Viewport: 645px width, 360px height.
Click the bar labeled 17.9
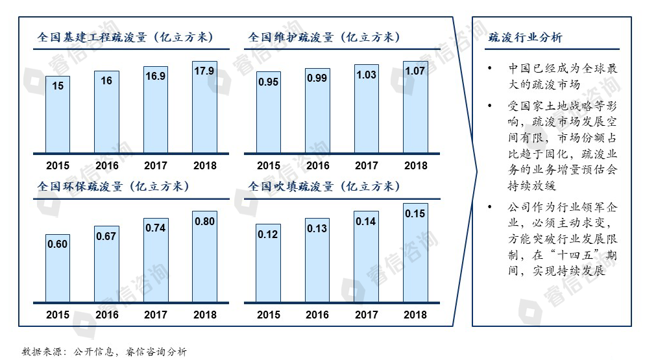(204, 107)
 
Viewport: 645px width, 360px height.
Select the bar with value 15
(58, 114)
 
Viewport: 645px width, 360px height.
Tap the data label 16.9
(156, 76)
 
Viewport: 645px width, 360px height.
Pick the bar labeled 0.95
(269, 112)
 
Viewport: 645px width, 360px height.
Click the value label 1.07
(415, 71)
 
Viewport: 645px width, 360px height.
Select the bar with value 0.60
(58, 269)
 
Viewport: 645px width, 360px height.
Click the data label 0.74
(156, 228)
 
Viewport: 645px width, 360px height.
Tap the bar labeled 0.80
(204, 257)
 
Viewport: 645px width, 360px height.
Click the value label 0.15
(415, 213)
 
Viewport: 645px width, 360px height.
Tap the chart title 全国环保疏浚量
(113, 187)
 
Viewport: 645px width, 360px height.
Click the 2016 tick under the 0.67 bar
(107, 315)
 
